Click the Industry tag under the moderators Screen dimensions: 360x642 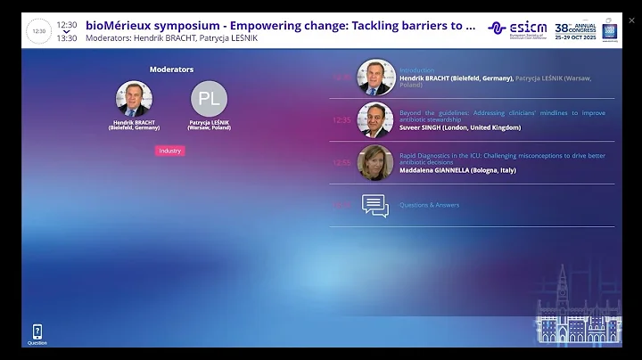coord(169,151)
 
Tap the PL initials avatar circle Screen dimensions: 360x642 coord(209,99)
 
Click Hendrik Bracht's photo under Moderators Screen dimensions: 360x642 coord(134,99)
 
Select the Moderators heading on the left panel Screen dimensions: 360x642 coord(171,69)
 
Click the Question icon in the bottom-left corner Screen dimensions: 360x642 coord(37,334)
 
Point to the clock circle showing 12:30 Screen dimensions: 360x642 coord(38,30)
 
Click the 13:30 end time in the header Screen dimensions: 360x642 coord(67,37)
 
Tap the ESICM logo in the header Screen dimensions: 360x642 coord(521,28)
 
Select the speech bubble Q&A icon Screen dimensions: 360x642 coord(375,205)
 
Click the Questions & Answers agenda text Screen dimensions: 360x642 coord(429,205)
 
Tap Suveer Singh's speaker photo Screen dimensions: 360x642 coord(375,120)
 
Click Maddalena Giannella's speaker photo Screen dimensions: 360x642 coord(375,163)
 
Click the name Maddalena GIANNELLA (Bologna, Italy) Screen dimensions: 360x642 coord(457,170)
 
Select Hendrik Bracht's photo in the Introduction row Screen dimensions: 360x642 coord(375,78)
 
